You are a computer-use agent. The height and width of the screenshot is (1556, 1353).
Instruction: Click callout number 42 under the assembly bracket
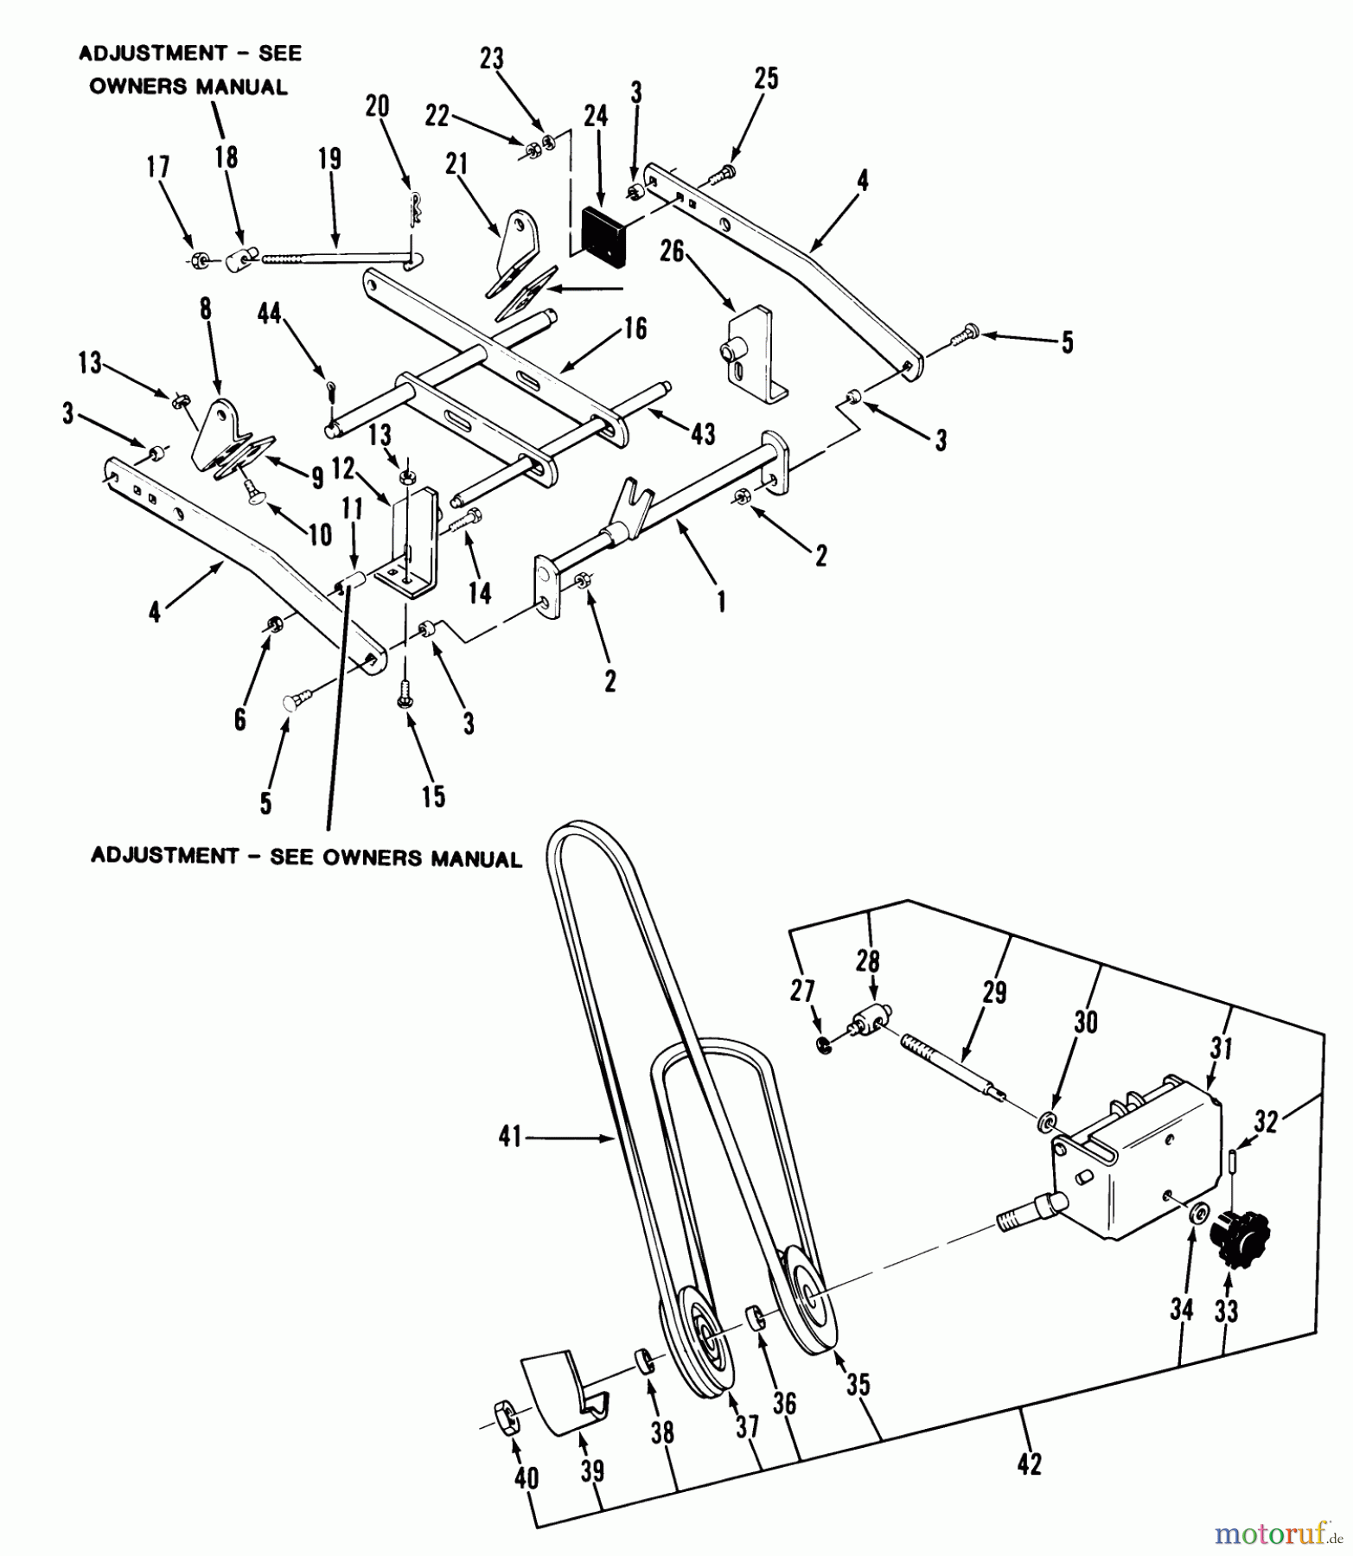(1030, 1464)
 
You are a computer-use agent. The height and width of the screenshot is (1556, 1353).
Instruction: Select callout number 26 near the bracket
(672, 252)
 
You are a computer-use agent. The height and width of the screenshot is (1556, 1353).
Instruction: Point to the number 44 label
(270, 313)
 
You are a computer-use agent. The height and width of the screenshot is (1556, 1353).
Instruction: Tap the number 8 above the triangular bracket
(205, 309)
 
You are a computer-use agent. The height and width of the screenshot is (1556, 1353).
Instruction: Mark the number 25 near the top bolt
(766, 79)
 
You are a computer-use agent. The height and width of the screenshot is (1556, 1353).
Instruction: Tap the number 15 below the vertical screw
(433, 796)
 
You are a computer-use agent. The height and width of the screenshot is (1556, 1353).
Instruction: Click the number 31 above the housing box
(1221, 1049)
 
